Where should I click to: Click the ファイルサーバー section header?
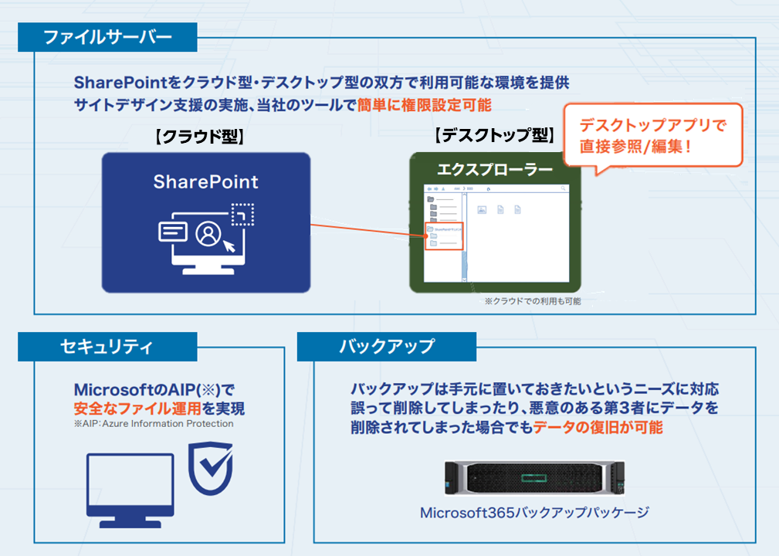(107, 36)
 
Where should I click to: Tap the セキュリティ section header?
(107, 347)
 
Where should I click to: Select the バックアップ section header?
(386, 347)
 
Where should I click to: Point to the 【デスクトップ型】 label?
(494, 136)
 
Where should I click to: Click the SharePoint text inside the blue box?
(205, 182)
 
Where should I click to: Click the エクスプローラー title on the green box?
(495, 169)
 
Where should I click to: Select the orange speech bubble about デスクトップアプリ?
(652, 135)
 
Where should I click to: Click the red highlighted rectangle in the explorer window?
(443, 236)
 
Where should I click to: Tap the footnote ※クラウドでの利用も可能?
(532, 301)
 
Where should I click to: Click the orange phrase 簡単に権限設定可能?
(424, 104)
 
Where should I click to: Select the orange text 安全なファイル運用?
(127, 409)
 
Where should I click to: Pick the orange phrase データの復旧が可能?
(598, 427)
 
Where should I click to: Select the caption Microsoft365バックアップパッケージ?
(534, 512)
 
